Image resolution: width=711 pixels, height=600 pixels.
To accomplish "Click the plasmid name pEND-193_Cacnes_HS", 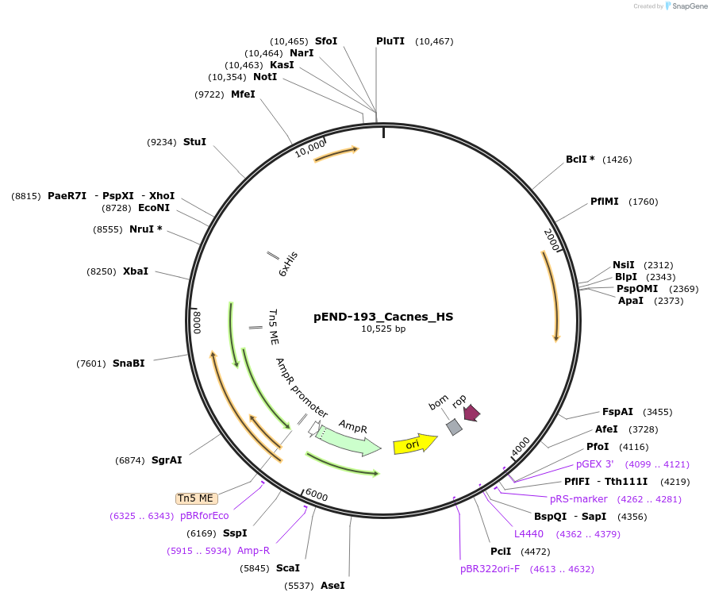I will (x=383, y=316).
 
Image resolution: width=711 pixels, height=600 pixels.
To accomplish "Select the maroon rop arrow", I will (x=471, y=413).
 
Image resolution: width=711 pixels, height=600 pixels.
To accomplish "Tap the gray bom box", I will (x=454, y=427).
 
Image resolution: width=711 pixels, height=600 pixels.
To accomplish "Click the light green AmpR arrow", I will (x=348, y=439).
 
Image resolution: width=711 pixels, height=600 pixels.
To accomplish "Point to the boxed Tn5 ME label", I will (x=195, y=498).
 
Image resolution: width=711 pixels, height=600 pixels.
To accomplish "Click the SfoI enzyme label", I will (x=326, y=40).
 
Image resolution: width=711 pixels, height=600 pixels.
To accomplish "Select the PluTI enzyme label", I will (x=390, y=40).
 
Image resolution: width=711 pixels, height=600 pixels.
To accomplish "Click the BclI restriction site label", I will (x=580, y=160).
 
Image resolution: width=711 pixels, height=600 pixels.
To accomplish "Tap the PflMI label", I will (x=605, y=202).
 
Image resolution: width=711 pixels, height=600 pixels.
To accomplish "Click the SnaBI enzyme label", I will (x=129, y=363).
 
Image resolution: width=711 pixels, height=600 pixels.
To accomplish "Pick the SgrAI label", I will (x=167, y=460).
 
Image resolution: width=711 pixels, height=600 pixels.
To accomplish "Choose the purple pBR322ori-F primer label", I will (x=490, y=569).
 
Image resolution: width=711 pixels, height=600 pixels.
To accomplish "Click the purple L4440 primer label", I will (x=529, y=534).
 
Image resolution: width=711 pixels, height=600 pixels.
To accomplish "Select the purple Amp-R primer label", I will (x=253, y=551).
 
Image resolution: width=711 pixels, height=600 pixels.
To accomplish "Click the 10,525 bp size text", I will (x=383, y=329).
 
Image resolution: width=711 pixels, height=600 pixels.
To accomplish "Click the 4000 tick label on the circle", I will (x=521, y=447).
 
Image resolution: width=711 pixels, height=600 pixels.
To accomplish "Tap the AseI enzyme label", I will (x=332, y=586).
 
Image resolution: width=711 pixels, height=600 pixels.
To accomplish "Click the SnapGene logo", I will (x=686, y=6).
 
